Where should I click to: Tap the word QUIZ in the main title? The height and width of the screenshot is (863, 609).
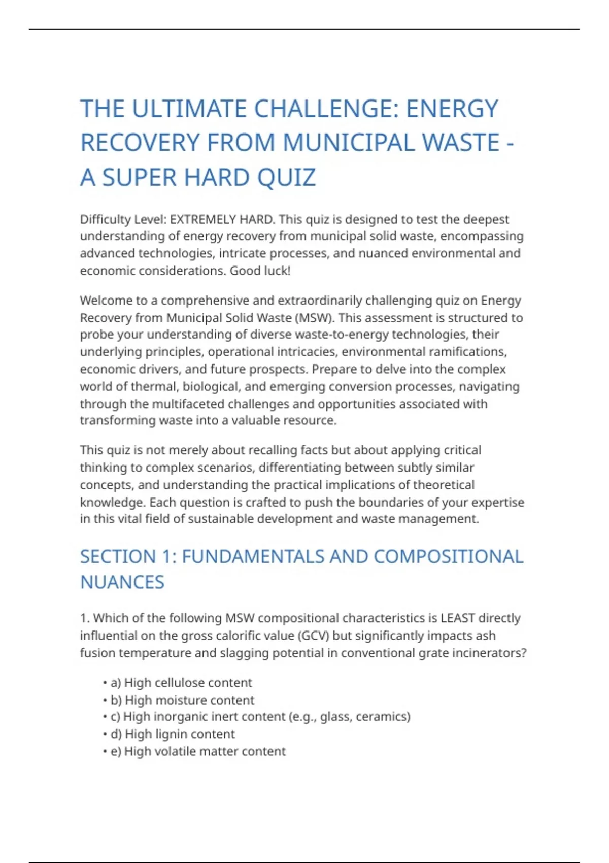pyautogui.click(x=286, y=178)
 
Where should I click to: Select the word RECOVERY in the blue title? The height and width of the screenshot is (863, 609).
pyautogui.click(x=140, y=143)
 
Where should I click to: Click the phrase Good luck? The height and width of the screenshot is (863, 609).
pyautogui.click(x=260, y=271)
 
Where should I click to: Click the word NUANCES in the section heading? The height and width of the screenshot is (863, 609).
pyautogui.click(x=122, y=582)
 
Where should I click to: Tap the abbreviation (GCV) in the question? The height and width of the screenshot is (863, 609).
pyautogui.click(x=313, y=636)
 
